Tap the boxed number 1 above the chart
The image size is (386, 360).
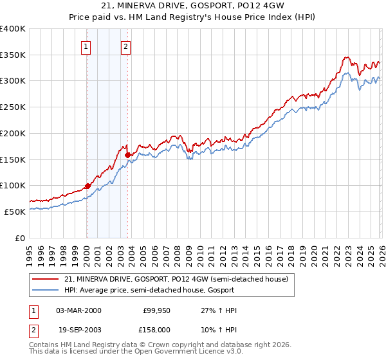point(86,46)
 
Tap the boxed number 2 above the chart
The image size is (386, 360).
point(126,46)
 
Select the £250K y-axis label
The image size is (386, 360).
point(13,107)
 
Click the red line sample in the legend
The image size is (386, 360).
point(46,279)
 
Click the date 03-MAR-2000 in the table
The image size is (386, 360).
point(79,310)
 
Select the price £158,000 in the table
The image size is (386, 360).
point(156,328)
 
